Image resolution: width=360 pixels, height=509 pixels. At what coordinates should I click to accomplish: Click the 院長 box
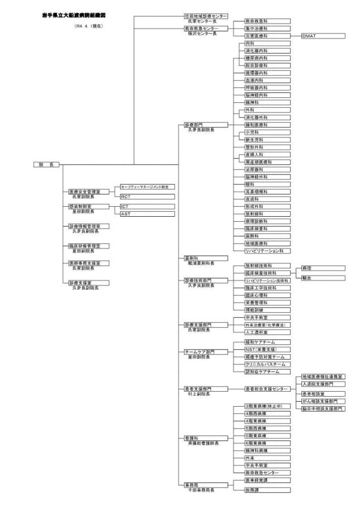tap(47, 165)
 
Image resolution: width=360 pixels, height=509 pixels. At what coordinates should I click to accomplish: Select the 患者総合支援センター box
tap(267, 389)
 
